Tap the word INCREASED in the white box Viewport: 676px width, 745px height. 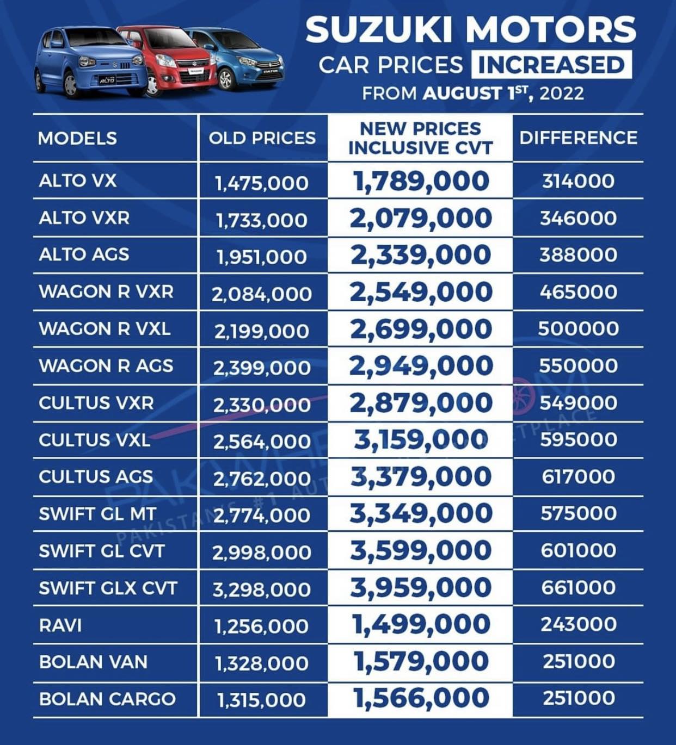point(551,65)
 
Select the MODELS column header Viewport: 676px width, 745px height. point(77,139)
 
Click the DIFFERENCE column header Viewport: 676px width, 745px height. point(578,138)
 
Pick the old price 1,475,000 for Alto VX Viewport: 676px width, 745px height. point(262,183)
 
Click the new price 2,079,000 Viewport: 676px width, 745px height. point(421,219)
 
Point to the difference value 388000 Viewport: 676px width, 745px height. point(578,255)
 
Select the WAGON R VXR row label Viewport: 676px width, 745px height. point(106,291)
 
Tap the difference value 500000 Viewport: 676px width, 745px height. point(578,328)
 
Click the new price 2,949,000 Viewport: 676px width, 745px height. point(421,365)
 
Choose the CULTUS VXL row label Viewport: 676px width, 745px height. point(95,440)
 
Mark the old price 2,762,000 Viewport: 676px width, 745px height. point(262,479)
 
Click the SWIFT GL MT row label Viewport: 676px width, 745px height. point(97,514)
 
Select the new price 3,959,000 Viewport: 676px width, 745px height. point(421,587)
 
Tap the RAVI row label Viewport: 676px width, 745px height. point(60,625)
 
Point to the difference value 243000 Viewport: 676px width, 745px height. point(578,625)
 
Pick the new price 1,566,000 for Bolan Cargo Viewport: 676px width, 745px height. point(421,698)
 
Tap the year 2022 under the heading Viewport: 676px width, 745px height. point(561,93)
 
